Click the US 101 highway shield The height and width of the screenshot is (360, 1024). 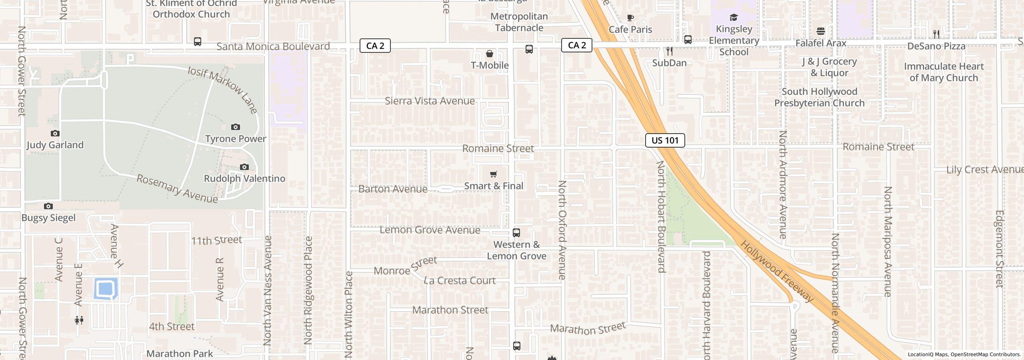click(665, 140)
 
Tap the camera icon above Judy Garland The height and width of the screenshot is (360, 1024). click(55, 133)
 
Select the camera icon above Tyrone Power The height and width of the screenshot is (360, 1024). click(236, 127)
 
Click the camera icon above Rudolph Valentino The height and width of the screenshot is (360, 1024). click(244, 167)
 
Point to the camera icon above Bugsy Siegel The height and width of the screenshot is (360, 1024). click(48, 206)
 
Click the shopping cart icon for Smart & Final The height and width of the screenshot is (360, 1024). click(494, 174)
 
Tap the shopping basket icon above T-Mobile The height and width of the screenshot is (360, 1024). click(489, 54)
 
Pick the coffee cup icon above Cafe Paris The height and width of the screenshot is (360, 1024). click(630, 18)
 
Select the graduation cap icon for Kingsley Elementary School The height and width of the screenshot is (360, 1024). click(734, 17)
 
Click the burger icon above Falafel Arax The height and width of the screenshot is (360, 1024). click(821, 31)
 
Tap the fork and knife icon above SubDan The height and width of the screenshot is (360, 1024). click(669, 51)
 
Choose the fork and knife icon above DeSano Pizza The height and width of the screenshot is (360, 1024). click(936, 34)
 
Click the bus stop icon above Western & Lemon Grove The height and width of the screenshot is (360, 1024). click(516, 233)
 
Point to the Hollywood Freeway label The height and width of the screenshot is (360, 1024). click(777, 272)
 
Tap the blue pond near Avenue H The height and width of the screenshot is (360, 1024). click(106, 288)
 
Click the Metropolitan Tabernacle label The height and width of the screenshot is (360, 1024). click(519, 22)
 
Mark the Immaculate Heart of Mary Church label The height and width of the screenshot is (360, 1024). click(944, 72)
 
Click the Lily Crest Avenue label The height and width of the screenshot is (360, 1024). click(984, 170)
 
